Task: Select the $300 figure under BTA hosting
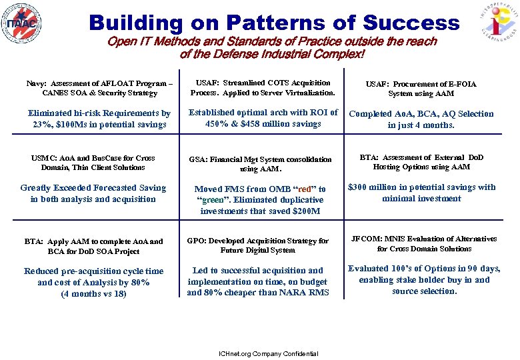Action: pos(361,187)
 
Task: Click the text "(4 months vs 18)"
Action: pos(93,293)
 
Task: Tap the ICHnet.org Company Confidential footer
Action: pos(259,353)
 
